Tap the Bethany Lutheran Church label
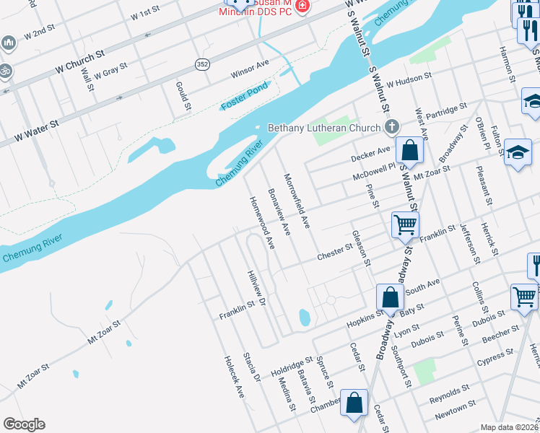point(324,128)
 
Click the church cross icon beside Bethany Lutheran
point(391,128)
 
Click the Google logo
point(24,424)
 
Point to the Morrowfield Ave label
point(297,201)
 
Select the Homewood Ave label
point(262,223)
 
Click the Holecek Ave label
point(234,377)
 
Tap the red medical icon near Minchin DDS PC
point(301,6)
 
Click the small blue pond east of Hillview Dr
point(304,317)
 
